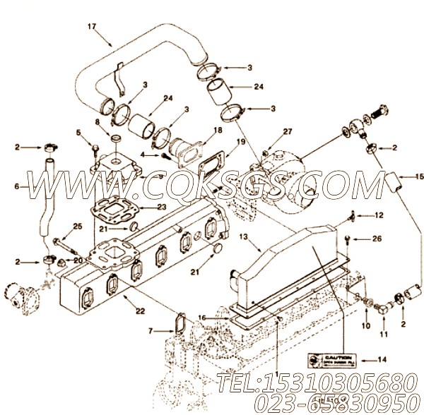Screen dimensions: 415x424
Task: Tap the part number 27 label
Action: click(288, 131)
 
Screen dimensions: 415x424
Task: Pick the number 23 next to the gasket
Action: click(163, 207)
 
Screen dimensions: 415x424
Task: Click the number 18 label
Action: click(218, 131)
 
